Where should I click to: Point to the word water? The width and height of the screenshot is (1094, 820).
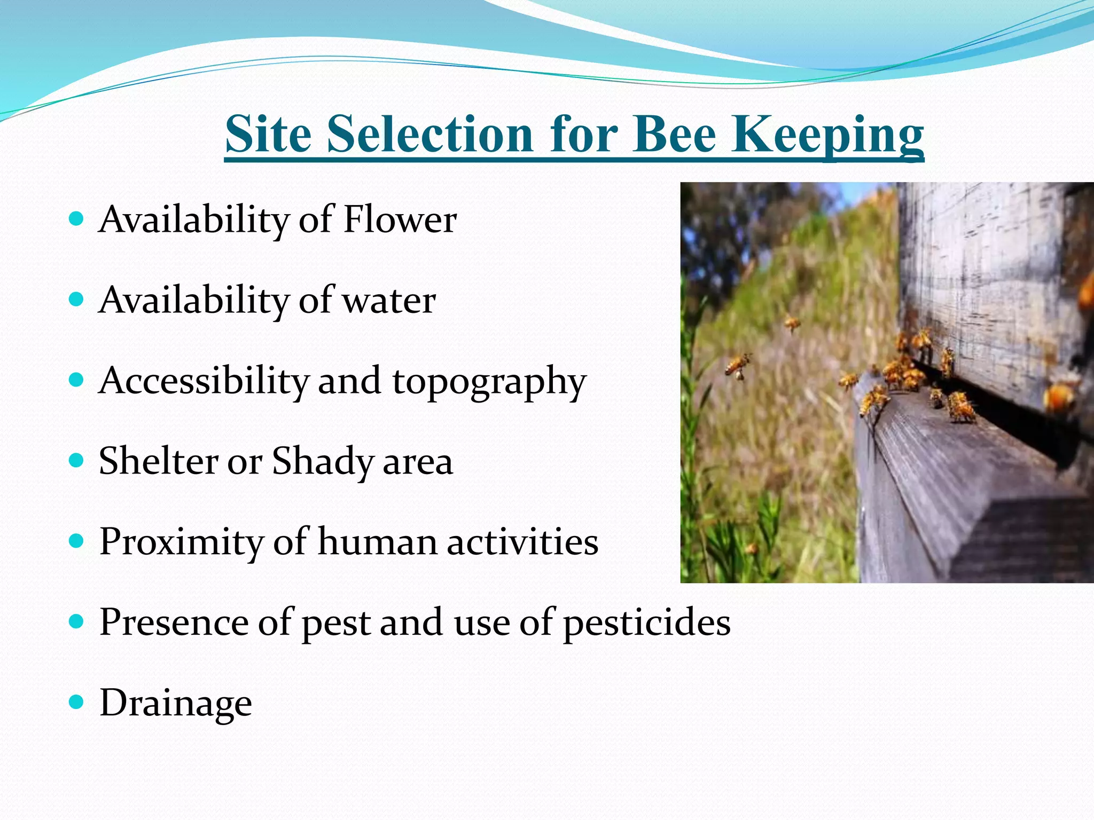[389, 300]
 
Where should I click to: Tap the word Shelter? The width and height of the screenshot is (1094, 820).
[159, 461]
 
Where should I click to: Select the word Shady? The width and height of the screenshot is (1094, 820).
[323, 462]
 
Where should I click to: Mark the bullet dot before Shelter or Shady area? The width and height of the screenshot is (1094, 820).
[77, 460]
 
